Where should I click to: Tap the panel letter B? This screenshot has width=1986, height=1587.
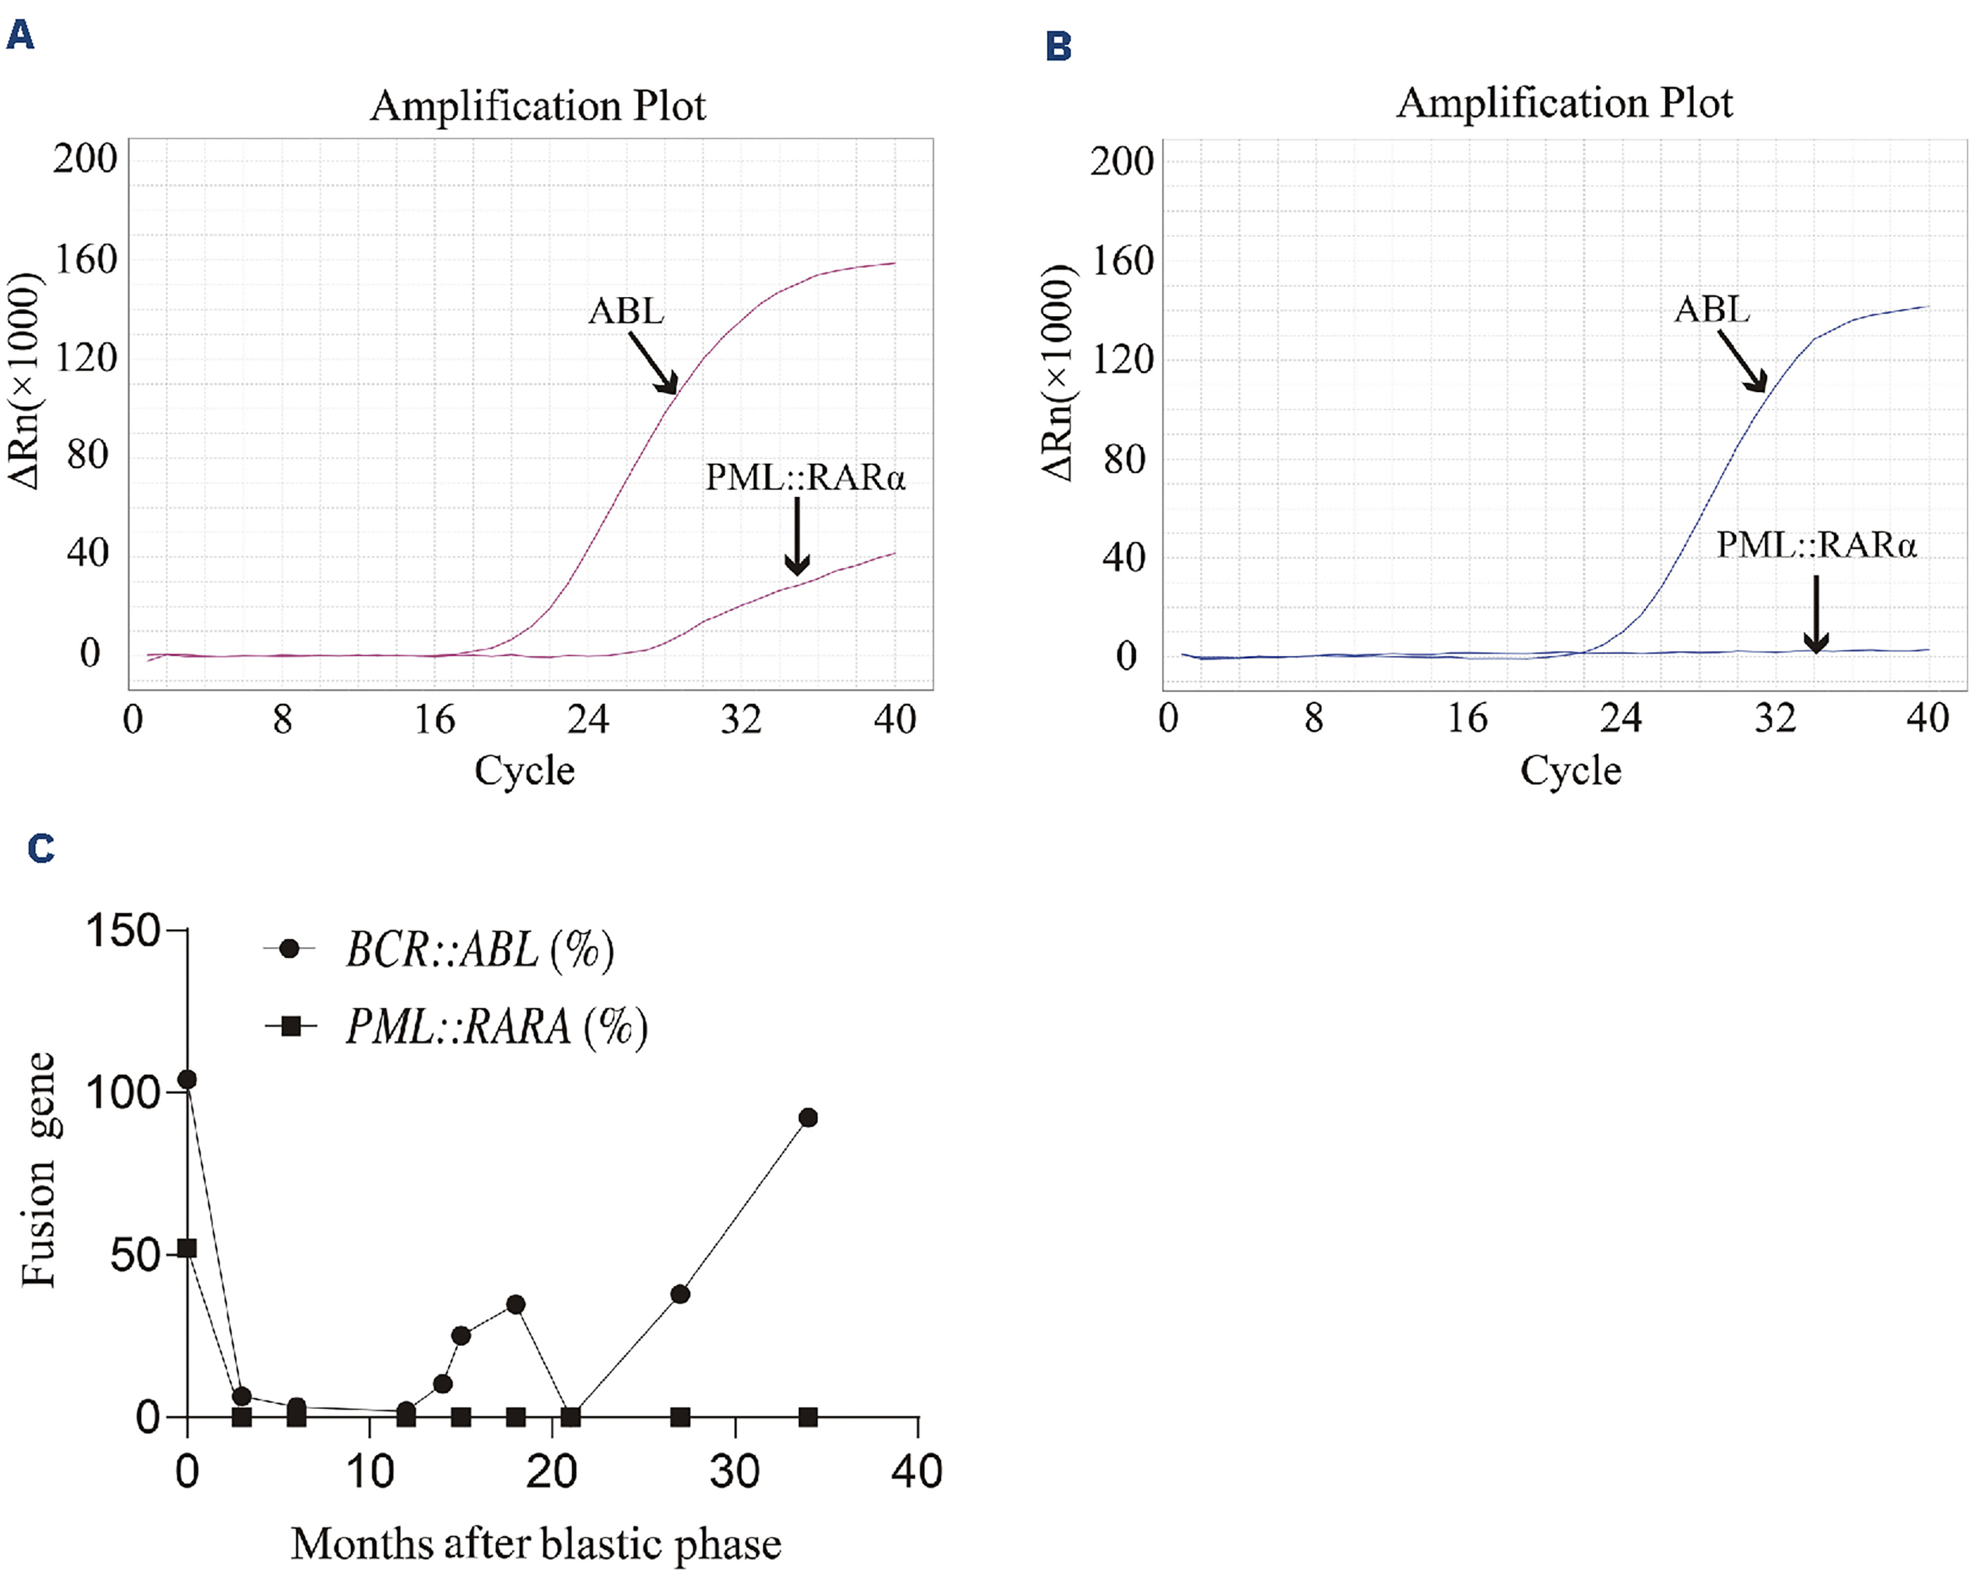tap(1058, 45)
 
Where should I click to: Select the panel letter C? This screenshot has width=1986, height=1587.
tap(40, 847)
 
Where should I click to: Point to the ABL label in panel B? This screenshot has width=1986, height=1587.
tap(1712, 309)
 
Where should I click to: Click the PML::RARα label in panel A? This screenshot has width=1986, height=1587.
tap(805, 478)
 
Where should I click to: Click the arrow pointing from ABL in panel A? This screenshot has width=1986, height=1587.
tap(653, 362)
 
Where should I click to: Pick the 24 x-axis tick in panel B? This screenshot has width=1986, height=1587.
tap(1620, 717)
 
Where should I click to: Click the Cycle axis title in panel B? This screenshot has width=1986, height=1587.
tap(1570, 771)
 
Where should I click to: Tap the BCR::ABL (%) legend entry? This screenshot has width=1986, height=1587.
tap(479, 949)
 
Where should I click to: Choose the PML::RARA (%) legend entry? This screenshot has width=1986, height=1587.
tap(496, 1025)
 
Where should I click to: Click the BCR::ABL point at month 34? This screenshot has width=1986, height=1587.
tap(808, 1117)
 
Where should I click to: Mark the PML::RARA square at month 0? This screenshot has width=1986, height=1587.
tap(187, 1248)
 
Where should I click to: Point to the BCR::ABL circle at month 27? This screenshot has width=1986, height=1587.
tap(680, 1294)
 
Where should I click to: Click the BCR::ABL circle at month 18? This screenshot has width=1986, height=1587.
tap(516, 1304)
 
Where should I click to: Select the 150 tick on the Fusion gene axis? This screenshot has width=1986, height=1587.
tap(123, 930)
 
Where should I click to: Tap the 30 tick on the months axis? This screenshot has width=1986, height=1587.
tap(734, 1472)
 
